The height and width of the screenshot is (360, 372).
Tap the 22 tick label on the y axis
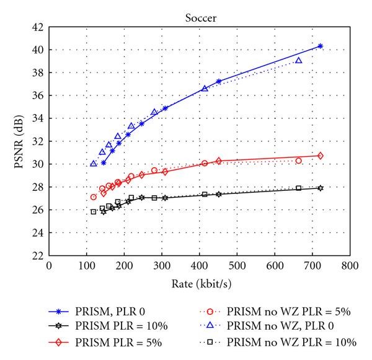point(37,255)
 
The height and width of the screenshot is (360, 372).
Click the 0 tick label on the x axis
point(49,266)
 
